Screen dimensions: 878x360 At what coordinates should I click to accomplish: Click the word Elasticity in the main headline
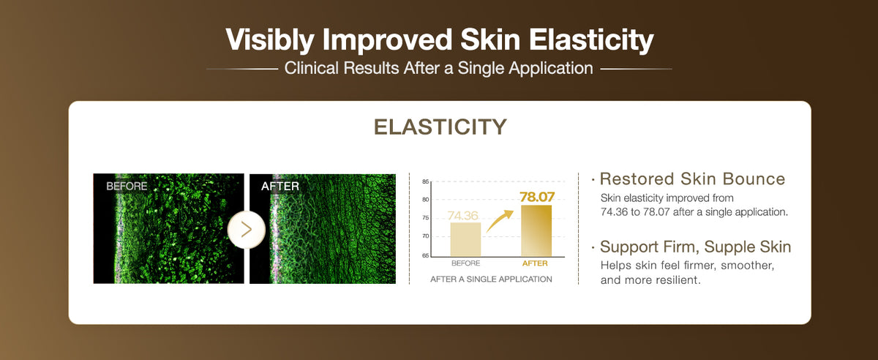(x=591, y=40)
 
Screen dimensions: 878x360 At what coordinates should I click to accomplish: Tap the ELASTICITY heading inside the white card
(x=440, y=127)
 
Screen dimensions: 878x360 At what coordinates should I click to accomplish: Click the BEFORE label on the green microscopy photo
(x=127, y=186)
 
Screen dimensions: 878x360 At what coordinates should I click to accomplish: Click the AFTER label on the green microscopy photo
(x=279, y=186)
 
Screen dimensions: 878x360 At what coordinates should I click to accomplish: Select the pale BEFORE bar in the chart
(x=465, y=239)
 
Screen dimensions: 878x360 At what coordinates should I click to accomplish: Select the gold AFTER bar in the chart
(x=536, y=231)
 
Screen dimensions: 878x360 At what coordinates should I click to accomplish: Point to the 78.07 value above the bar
(x=537, y=197)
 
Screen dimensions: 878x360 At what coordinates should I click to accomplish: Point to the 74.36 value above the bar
(x=463, y=215)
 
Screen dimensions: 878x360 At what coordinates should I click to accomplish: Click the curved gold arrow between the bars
(x=499, y=221)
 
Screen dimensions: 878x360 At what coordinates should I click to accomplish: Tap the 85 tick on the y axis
(x=425, y=181)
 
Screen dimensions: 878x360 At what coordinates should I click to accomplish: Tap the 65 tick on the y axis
(x=425, y=255)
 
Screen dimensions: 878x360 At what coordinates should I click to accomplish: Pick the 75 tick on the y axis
(x=425, y=218)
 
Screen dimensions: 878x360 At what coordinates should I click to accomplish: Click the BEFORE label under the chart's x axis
(x=465, y=263)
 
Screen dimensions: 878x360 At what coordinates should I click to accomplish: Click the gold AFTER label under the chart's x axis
(x=535, y=263)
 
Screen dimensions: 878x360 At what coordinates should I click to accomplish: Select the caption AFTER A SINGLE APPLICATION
(x=491, y=280)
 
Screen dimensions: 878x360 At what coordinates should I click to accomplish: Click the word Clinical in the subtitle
(x=311, y=68)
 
